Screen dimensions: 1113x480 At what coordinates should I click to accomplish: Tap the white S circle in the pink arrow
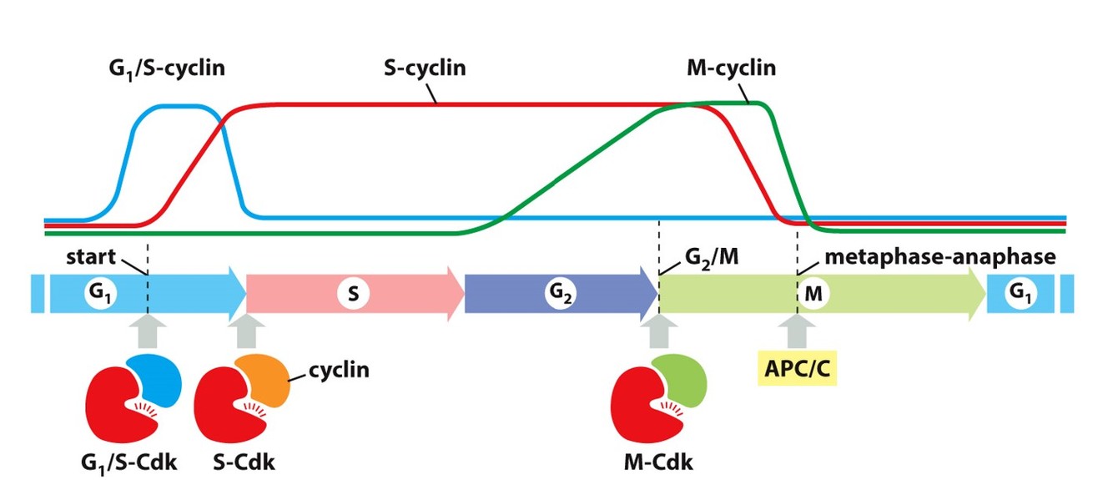(354, 294)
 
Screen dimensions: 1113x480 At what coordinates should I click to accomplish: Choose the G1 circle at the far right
(1017, 294)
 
